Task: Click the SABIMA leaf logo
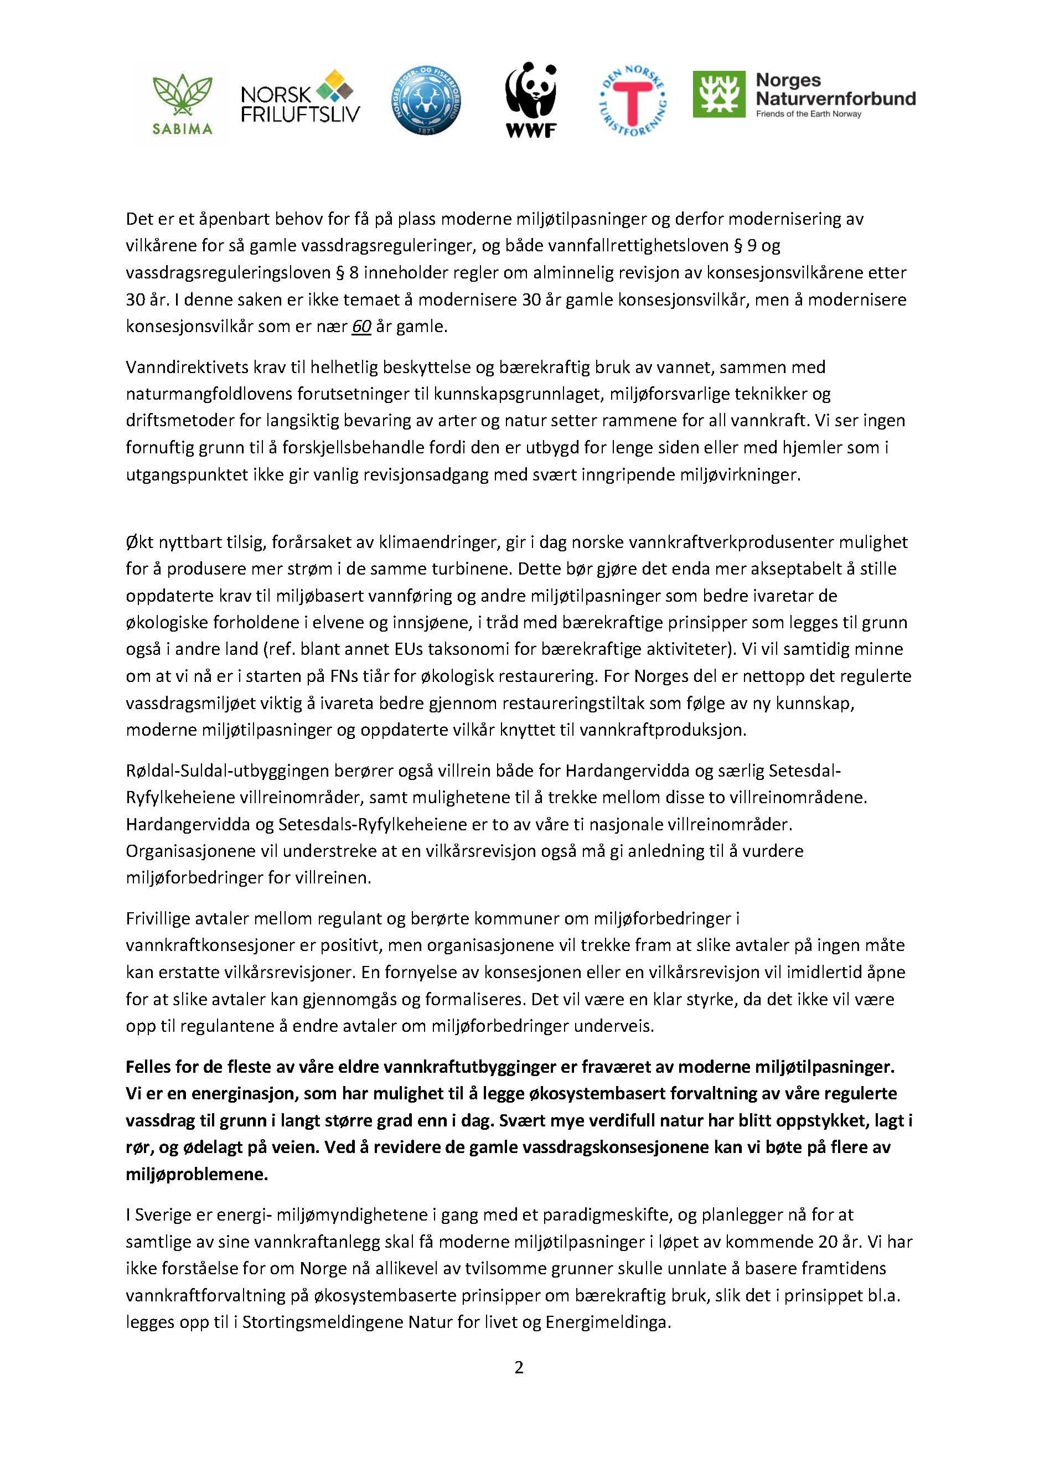tap(182, 103)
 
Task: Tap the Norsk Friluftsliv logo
tap(300, 97)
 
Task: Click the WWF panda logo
tap(530, 99)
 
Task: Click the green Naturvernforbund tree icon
tap(719, 94)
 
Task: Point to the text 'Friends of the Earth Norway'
tap(809, 115)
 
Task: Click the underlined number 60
tap(361, 326)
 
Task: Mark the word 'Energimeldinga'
tap(607, 1322)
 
